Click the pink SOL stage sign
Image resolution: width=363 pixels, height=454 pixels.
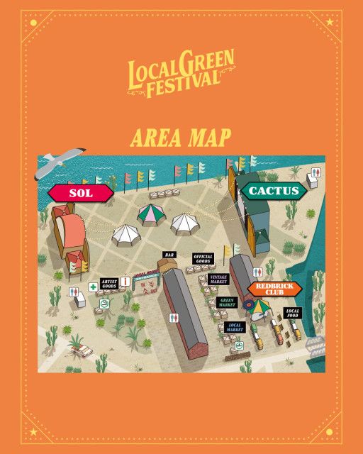81,192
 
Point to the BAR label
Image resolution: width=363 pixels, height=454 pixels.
169,255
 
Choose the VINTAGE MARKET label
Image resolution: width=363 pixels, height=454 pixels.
220,280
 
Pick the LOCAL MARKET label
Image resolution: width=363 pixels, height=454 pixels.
235,327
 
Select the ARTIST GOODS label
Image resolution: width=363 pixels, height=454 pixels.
108,284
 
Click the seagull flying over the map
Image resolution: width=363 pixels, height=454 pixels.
59,164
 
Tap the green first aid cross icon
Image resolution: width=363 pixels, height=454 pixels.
93,287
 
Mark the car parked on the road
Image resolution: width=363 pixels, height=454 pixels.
80,349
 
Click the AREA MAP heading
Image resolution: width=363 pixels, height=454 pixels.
181,136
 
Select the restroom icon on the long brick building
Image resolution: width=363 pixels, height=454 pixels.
174,319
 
